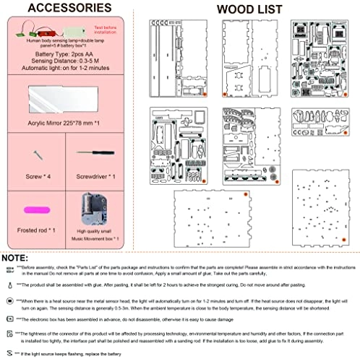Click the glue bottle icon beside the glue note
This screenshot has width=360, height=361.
pyautogui.click(x=8, y=284)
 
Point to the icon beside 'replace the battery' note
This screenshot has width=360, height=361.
pyautogui.click(x=8, y=355)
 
